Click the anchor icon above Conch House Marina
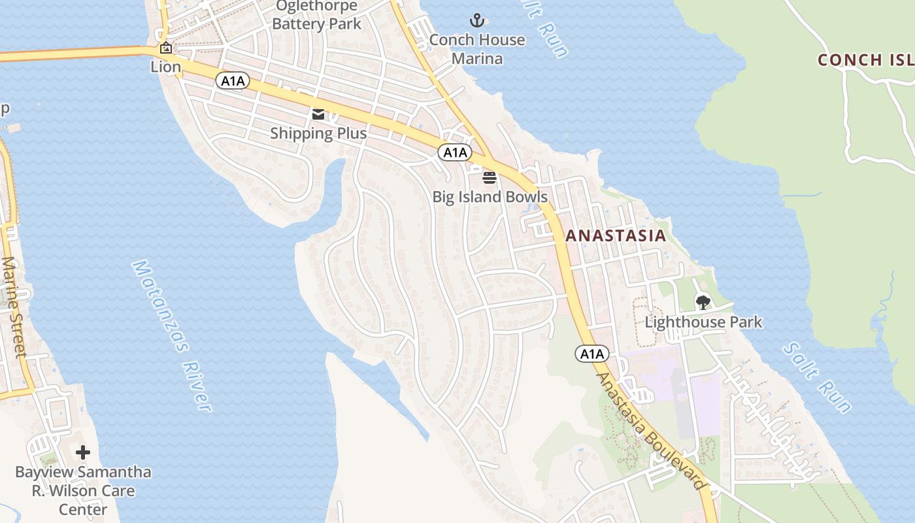(476, 20)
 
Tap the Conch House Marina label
(477, 49)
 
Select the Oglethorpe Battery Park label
(317, 16)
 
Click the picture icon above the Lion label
(166, 48)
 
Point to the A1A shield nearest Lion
(233, 80)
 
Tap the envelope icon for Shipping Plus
(318, 114)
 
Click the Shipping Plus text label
(318, 133)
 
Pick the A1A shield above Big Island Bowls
(454, 152)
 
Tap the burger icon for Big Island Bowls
(490, 177)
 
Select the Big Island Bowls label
(490, 197)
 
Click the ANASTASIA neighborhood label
(616, 236)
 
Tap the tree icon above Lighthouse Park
(703, 302)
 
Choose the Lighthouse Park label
(703, 322)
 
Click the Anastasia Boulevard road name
(652, 431)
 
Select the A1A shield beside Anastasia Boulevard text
(592, 354)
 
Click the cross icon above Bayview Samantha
(83, 452)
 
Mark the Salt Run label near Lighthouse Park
(817, 379)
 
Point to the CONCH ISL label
(865, 60)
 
